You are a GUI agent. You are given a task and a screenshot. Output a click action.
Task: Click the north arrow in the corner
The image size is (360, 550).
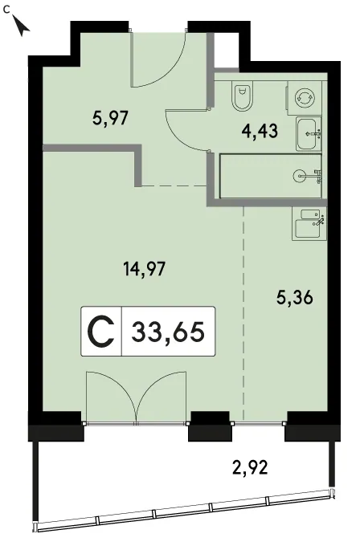tap(22, 26)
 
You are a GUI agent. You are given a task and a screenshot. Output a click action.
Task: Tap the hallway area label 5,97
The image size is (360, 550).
tap(111, 118)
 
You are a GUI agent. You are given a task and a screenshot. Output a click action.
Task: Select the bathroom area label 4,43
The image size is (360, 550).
tap(260, 131)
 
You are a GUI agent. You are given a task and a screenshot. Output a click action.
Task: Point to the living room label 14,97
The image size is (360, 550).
tap(144, 269)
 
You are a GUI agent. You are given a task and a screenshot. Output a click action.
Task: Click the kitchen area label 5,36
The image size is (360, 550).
tap(295, 298)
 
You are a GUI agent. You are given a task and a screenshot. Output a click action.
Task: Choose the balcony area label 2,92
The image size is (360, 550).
tap(251, 467)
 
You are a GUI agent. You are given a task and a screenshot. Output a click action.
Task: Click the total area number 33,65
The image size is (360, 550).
tap(168, 332)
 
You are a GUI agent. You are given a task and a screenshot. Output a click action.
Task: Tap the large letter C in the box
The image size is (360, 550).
tap(100, 332)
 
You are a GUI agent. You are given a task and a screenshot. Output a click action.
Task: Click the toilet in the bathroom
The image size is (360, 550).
tap(243, 95)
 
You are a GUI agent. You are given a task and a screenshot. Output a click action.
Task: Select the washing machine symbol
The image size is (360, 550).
tap(305, 97)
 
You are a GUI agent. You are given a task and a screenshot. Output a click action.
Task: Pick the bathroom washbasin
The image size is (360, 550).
tap(309, 133)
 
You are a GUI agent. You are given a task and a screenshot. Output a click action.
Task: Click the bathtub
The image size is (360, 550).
tap(271, 176)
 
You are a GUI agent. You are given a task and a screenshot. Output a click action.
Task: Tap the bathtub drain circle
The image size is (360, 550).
tap(299, 176)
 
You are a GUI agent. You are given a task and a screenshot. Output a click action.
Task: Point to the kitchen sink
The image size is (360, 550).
tap(309, 224)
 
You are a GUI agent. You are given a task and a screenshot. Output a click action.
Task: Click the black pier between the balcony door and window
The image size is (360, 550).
tap(210, 426)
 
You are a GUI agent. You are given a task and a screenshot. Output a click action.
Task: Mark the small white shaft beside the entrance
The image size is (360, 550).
tap(226, 50)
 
